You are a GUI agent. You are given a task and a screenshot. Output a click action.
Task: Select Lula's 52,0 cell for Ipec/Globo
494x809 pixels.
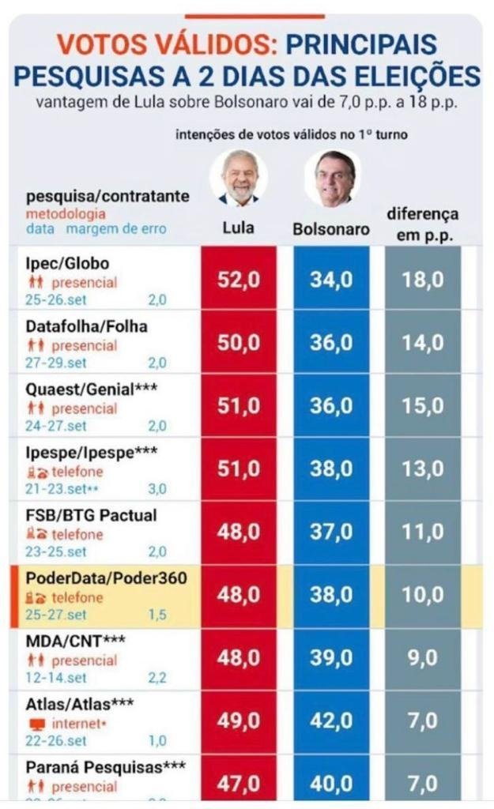coord(239,280)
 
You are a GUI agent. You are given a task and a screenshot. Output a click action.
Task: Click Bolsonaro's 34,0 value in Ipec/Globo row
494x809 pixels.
coord(331,280)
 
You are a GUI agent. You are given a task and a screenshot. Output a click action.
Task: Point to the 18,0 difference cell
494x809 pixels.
coord(423,280)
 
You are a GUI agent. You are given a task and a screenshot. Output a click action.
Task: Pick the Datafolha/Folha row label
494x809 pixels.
coord(87,326)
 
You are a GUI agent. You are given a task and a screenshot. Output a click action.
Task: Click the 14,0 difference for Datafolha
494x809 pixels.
coord(423,343)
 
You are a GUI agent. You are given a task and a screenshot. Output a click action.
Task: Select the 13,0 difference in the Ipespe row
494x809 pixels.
coord(423,469)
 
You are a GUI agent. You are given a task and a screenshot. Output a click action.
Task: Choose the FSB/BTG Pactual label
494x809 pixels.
coord(91,515)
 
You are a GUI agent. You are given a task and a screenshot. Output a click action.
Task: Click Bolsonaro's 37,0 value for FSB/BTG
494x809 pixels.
coord(331,532)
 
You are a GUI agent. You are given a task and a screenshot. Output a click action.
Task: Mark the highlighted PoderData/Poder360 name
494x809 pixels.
coord(106,578)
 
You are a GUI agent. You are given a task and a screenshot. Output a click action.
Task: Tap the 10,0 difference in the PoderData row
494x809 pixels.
coord(423,596)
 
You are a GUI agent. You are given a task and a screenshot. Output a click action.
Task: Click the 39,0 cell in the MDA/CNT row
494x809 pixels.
coord(331,658)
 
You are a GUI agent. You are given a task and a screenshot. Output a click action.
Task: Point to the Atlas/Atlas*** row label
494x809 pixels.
coord(79,704)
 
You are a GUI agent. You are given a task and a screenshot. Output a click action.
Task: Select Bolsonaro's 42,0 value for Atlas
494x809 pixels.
coord(331,721)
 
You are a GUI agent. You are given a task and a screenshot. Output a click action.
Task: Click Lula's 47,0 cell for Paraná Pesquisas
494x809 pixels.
coord(239,783)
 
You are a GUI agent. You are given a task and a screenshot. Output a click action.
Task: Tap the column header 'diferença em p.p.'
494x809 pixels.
coord(423,224)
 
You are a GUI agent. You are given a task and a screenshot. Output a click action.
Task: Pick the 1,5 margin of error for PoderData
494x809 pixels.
coord(157,614)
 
